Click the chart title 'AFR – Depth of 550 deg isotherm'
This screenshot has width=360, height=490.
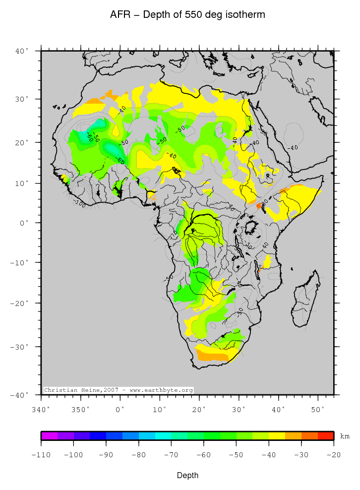pyautogui.click(x=187, y=15)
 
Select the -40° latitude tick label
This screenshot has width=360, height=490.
pyautogui.click(x=21, y=395)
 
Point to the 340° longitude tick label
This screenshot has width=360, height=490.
pyautogui.click(x=41, y=409)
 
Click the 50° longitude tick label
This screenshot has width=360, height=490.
pyautogui.click(x=318, y=409)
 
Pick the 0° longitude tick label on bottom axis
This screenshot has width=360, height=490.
pyautogui.click(x=120, y=409)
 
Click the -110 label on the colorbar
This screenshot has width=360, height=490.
pyautogui.click(x=42, y=455)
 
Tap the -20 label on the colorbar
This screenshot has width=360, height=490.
pyautogui.click(x=333, y=455)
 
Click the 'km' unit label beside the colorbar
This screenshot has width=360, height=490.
pyautogui.click(x=345, y=436)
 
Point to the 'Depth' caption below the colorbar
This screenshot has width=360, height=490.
pyautogui.click(x=187, y=476)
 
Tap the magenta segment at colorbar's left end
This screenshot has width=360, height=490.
pyautogui.click(x=49, y=436)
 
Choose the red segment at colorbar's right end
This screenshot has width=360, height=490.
pyautogui.click(x=325, y=436)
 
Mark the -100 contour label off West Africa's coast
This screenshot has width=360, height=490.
pyautogui.click(x=79, y=203)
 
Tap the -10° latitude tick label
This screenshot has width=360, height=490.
pyautogui.click(x=21, y=262)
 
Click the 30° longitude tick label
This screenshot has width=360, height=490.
pyautogui.click(x=239, y=409)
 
